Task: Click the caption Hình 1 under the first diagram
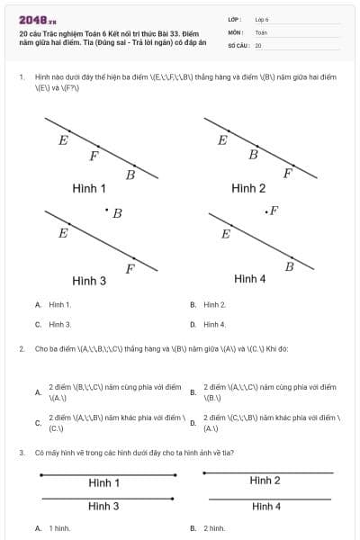point(89,188)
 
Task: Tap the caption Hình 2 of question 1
point(248,188)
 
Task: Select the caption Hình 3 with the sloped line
point(89,281)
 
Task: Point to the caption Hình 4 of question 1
point(249,279)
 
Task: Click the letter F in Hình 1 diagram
point(94,156)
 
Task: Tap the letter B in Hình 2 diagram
point(253,155)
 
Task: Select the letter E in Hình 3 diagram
point(63,233)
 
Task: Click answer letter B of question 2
point(193,392)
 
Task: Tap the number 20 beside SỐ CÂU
point(258,44)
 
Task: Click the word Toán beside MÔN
point(261,31)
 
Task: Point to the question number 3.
point(21,453)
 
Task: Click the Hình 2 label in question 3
point(265,481)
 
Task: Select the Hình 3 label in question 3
point(103,506)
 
